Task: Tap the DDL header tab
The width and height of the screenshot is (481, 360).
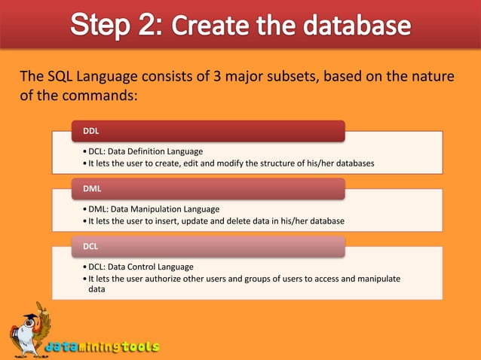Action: (x=208, y=131)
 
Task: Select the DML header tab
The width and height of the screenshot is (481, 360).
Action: (x=208, y=189)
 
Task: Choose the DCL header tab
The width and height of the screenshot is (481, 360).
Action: (x=208, y=246)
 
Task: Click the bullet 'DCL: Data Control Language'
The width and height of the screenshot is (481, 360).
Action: (x=141, y=267)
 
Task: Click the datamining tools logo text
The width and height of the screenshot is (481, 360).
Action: (x=103, y=347)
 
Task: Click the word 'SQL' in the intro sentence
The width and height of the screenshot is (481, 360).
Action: (x=60, y=78)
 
